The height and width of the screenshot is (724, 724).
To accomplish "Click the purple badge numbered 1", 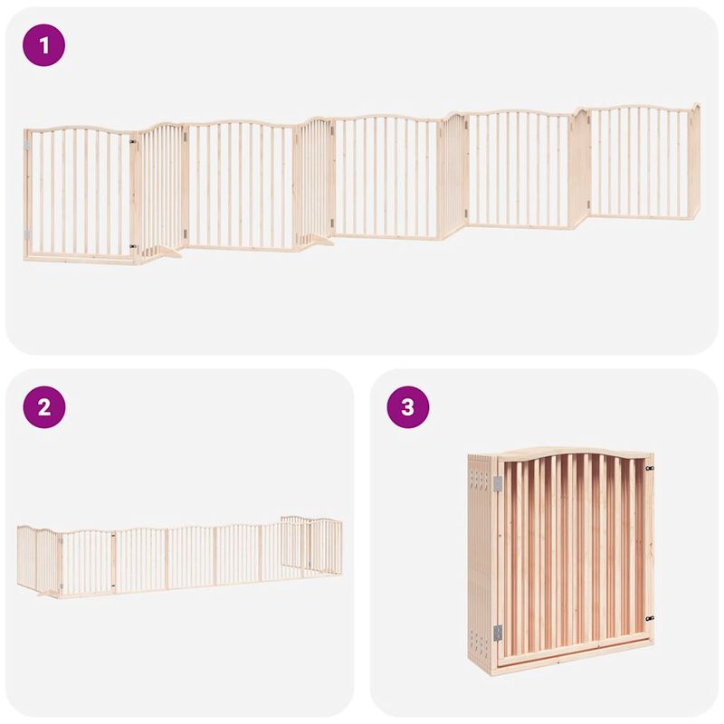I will pyautogui.click(x=44, y=45).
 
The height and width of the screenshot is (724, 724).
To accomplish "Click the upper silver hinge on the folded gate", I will pyautogui.click(x=497, y=484).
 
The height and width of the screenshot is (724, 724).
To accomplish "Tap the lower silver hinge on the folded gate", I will pyautogui.click(x=497, y=633).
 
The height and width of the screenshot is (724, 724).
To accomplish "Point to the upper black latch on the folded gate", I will pyautogui.click(x=649, y=468).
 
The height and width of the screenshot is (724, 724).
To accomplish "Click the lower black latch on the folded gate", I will pyautogui.click(x=649, y=619).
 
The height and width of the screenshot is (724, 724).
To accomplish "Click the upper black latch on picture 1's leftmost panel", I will pyautogui.click(x=133, y=142).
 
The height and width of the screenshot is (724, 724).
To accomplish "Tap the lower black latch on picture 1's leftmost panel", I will pyautogui.click(x=133, y=245).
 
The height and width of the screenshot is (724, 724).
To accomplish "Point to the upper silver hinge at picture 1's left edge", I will pyautogui.click(x=27, y=145).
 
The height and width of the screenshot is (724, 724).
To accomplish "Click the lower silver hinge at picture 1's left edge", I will pyautogui.click(x=27, y=235).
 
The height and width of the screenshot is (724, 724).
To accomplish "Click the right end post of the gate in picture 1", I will pyautogui.click(x=694, y=161).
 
